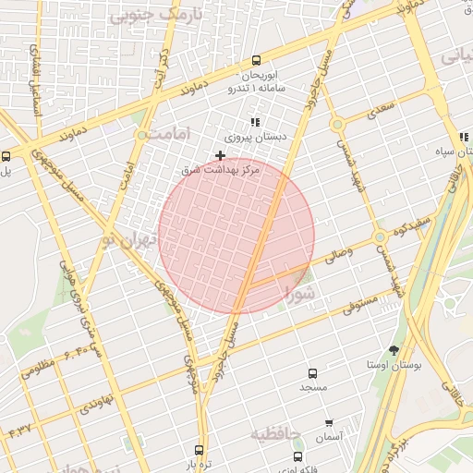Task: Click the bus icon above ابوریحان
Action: (x=256, y=61)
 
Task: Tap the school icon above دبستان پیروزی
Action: (x=255, y=122)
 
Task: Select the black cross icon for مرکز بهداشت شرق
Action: (x=220, y=155)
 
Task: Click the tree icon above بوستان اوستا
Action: (x=395, y=350)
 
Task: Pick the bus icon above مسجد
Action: (x=312, y=374)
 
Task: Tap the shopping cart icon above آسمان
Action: (x=329, y=421)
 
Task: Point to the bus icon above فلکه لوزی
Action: (x=297, y=456)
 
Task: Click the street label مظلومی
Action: (x=38, y=369)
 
